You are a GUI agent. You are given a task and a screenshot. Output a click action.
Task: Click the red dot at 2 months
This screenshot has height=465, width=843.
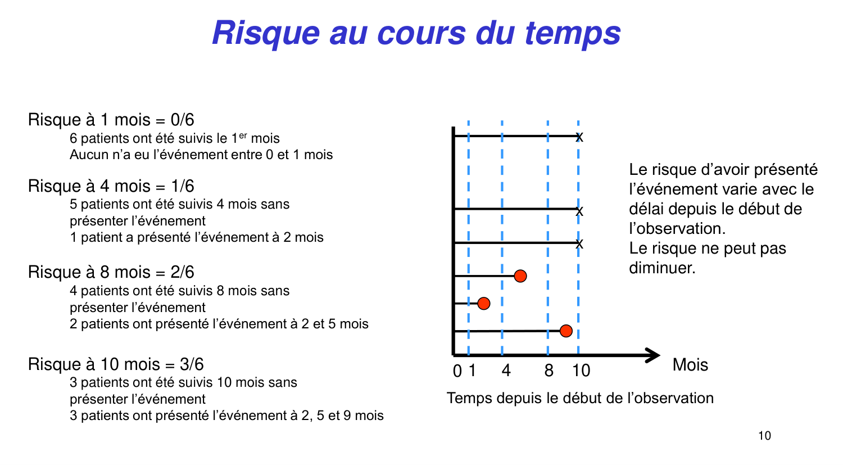pyautogui.click(x=484, y=304)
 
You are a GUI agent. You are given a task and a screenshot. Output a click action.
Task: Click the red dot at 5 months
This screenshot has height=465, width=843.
pyautogui.click(x=520, y=276)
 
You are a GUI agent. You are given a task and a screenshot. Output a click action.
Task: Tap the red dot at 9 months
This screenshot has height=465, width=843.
pyautogui.click(x=566, y=331)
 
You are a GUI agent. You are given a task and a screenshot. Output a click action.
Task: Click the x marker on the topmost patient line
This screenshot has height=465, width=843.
pyautogui.click(x=579, y=137)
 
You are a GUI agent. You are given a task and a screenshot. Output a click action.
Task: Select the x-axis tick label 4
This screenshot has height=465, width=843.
pyautogui.click(x=506, y=371)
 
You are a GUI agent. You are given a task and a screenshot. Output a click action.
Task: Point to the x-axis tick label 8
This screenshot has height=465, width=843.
pyautogui.click(x=549, y=371)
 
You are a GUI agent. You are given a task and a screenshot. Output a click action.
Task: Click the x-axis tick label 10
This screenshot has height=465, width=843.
pyautogui.click(x=581, y=371)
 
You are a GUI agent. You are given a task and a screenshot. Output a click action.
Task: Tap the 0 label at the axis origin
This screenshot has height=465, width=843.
pyautogui.click(x=457, y=371)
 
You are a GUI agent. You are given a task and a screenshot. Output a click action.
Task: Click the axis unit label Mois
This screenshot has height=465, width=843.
pyautogui.click(x=690, y=365)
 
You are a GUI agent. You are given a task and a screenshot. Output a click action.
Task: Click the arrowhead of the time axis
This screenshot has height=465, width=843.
pyautogui.click(x=653, y=355)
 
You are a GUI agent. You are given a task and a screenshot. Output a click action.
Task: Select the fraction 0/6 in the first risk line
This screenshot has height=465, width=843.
pyautogui.click(x=182, y=120)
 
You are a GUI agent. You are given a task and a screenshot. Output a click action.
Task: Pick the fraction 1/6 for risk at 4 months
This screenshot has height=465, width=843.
pyautogui.click(x=183, y=186)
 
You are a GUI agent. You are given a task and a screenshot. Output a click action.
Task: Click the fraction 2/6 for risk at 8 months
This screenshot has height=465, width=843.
pyautogui.click(x=183, y=272)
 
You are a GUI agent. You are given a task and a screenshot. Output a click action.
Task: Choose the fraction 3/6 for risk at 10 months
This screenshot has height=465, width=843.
pyautogui.click(x=192, y=364)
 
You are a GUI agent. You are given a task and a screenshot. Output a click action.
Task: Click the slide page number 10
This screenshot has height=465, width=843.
pyautogui.click(x=764, y=436)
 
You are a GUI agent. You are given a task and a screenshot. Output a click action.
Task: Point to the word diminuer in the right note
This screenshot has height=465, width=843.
pyautogui.click(x=661, y=268)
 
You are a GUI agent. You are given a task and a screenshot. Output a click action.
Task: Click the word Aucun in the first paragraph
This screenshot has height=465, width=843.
pyautogui.click(x=87, y=155)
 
